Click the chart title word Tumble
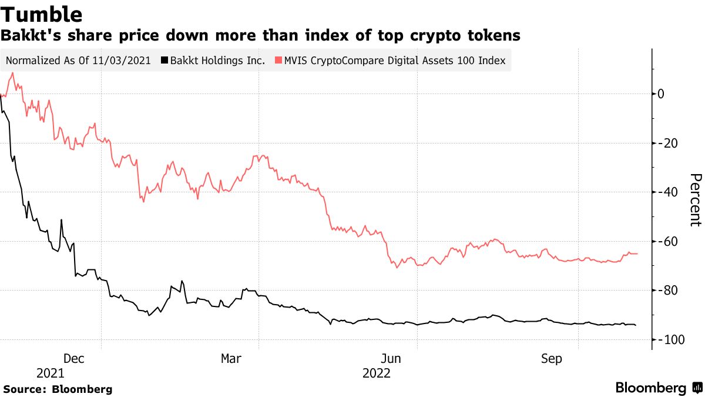pos(41,14)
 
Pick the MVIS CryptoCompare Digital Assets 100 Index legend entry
pos(395,61)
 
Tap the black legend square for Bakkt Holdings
pos(166,61)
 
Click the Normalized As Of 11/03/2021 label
pos(78,61)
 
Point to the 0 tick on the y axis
pos(661,94)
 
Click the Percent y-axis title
pos(695,200)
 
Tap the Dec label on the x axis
pos(75,358)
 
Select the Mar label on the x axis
pos(231,358)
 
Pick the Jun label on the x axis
pos(391,358)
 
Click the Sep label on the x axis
pos(552,358)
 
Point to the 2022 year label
pos(377,373)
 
